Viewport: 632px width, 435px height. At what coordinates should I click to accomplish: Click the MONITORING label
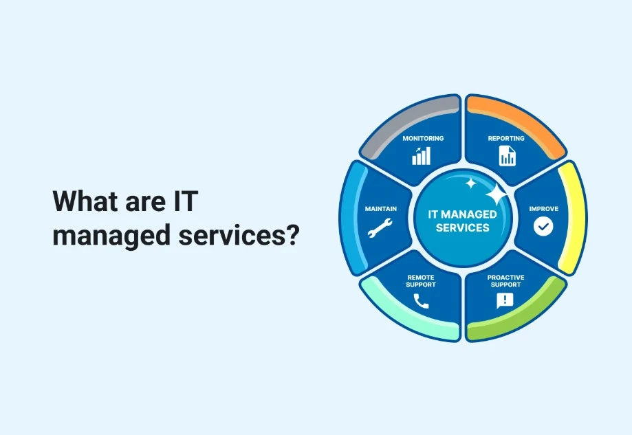pyautogui.click(x=423, y=138)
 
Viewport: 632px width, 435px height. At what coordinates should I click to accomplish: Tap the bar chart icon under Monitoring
pyautogui.click(x=421, y=156)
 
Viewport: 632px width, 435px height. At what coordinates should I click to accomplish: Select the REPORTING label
pyautogui.click(x=506, y=138)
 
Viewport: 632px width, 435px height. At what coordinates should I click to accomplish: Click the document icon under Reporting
pyautogui.click(x=507, y=156)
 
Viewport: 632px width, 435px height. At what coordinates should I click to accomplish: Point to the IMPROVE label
pyautogui.click(x=543, y=208)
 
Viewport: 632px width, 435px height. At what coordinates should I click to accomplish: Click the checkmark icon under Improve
pyautogui.click(x=543, y=227)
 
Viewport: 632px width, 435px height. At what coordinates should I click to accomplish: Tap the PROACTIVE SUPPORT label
pyautogui.click(x=505, y=280)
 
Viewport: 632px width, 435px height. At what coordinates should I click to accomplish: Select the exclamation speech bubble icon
pyautogui.click(x=505, y=300)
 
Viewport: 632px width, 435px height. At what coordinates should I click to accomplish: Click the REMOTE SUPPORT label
pyautogui.click(x=421, y=280)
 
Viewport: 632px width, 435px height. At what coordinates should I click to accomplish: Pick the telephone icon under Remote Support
pyautogui.click(x=421, y=301)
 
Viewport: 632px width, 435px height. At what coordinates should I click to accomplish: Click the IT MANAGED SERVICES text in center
pyautogui.click(x=462, y=221)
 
